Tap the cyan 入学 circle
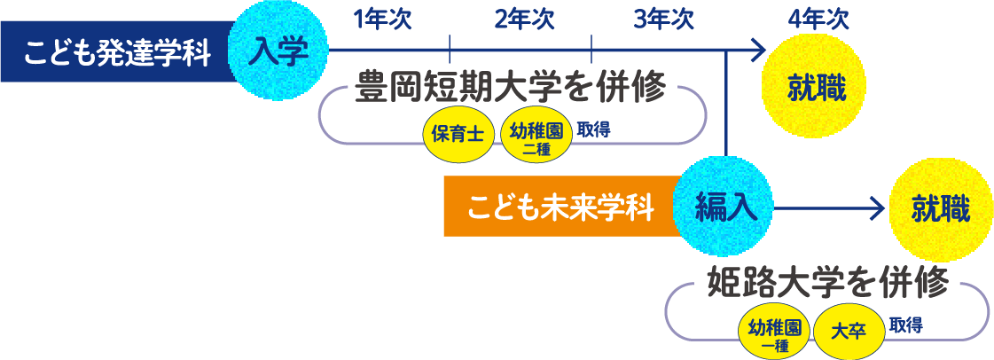pyautogui.click(x=278, y=51)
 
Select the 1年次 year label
pyautogui.click(x=382, y=20)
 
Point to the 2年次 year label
pyautogui.click(x=524, y=20)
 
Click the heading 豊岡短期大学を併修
pyautogui.click(x=509, y=90)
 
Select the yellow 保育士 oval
pyautogui.click(x=458, y=136)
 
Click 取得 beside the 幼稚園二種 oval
pyautogui.click(x=593, y=129)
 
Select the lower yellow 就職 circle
pyautogui.click(x=940, y=209)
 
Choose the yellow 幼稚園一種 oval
pyautogui.click(x=775, y=332)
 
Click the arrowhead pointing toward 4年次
pyautogui.click(x=757, y=51)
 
